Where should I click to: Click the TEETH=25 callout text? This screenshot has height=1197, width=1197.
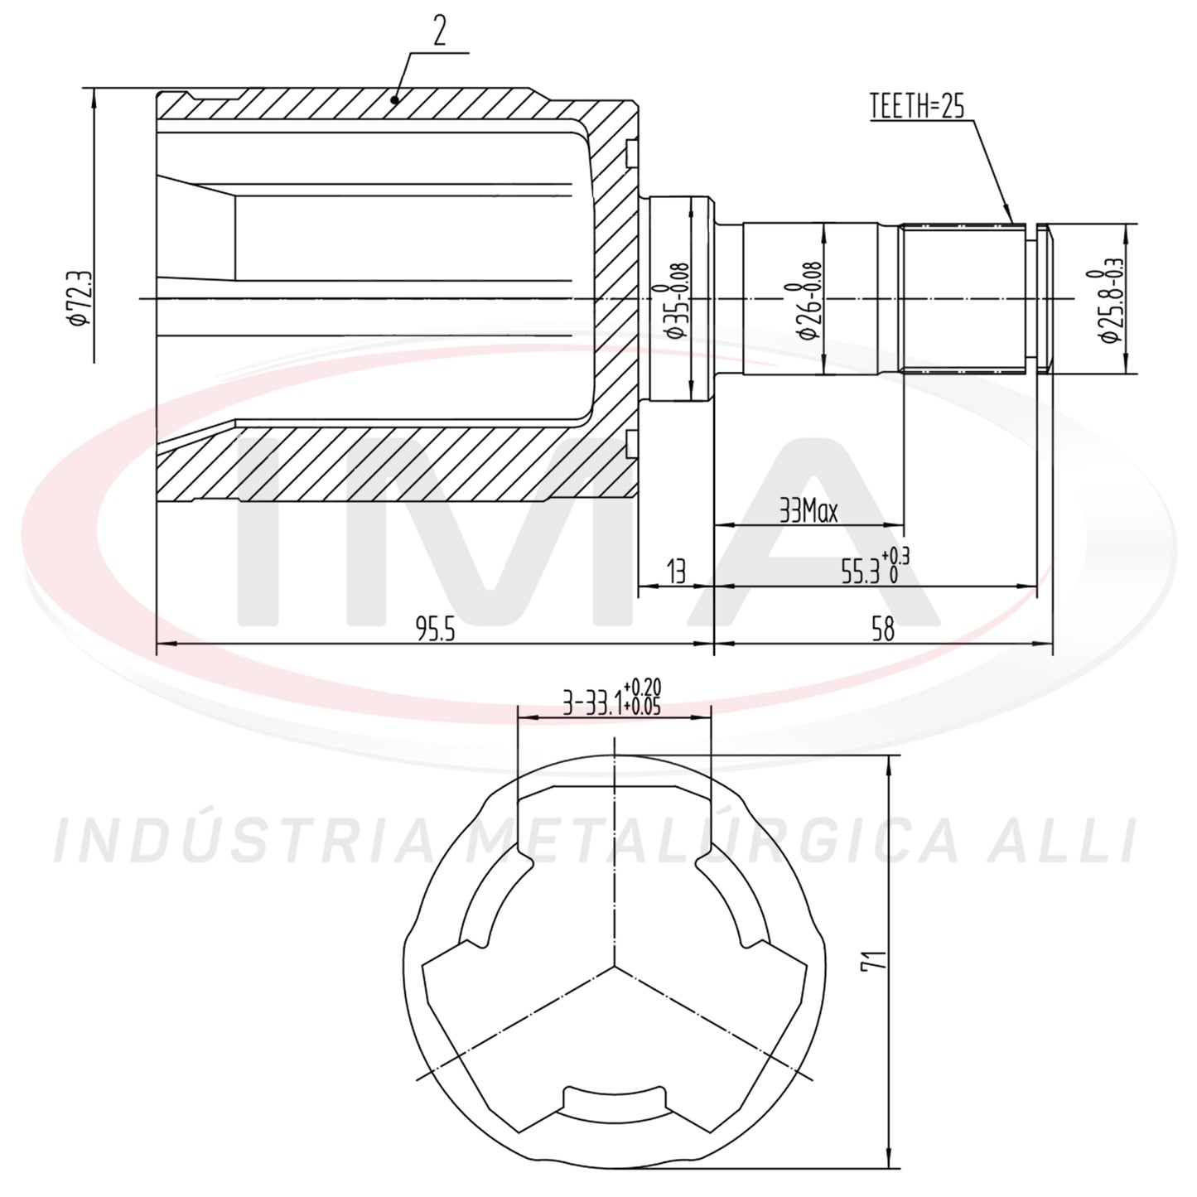point(917,106)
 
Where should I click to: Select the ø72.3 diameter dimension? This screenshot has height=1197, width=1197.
point(80,298)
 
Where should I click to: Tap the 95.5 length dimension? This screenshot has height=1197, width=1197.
point(436,630)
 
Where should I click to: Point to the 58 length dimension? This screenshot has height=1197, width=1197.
point(883,630)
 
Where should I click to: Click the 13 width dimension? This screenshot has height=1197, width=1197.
point(675,572)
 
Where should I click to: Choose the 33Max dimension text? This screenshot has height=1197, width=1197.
point(808,513)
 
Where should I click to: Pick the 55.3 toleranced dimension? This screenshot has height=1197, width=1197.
point(875,567)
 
